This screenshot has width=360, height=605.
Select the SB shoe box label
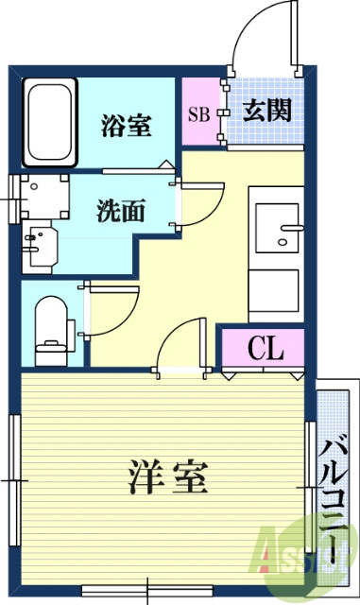pos(198,116)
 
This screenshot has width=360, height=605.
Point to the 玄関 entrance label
pos(266,112)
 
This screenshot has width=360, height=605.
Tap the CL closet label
pos(266,349)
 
